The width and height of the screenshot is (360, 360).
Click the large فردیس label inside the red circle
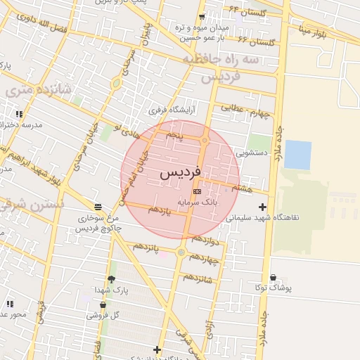click(181, 172)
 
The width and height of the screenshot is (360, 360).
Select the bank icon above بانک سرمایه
click(196, 191)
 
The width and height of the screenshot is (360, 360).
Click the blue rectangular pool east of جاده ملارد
click(297, 155)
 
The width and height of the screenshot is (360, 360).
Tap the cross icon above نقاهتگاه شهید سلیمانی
click(263, 207)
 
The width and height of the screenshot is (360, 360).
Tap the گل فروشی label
click(103, 315)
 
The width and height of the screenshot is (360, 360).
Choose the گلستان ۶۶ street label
click(257, 43)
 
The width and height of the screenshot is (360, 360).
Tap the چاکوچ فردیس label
click(99, 229)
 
